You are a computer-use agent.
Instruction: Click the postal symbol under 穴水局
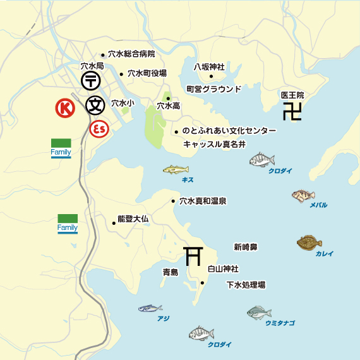pos(91,80)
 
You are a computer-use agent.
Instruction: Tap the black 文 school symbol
pos(95,104)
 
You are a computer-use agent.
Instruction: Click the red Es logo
pos(99,129)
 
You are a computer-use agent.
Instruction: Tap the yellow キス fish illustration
pos(176,169)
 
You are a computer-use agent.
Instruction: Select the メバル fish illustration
pos(303,196)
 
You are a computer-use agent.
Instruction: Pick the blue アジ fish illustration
pos(150,308)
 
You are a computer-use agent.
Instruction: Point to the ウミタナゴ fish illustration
pos(258,312)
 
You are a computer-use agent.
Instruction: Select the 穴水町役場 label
pos(147,73)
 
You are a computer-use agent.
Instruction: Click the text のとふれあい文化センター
pos(229,131)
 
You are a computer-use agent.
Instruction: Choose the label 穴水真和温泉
pos(203,201)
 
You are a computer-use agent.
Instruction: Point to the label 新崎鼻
pos(245,246)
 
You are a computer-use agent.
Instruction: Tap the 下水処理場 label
pos(246,285)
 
